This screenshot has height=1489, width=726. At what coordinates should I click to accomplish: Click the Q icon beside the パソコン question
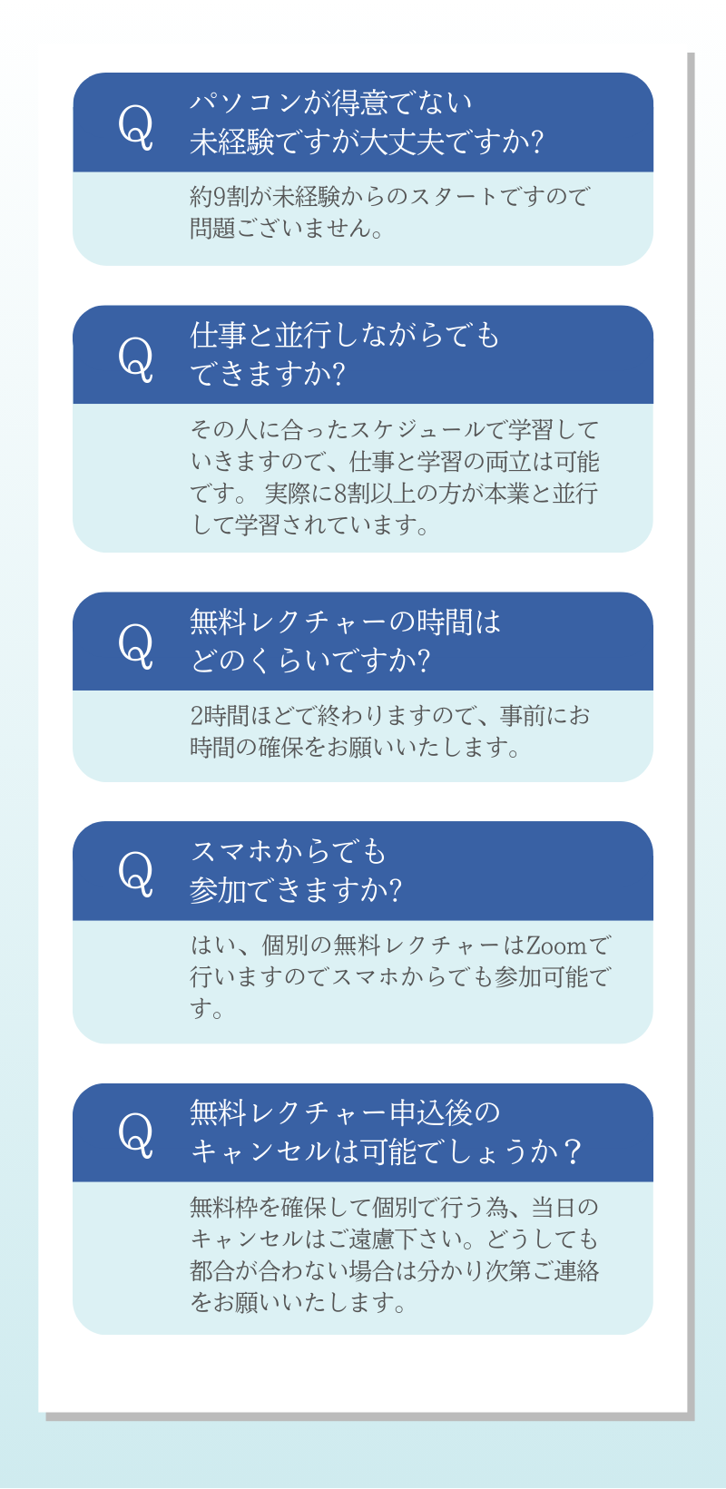coord(136,125)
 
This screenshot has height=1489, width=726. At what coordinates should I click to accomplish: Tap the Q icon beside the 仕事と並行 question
coord(136,358)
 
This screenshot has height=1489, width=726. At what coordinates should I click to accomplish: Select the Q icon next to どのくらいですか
coord(136,644)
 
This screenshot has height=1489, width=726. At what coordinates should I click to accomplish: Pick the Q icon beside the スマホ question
coord(136,873)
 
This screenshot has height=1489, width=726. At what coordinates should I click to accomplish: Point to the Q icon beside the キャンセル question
coord(136,1134)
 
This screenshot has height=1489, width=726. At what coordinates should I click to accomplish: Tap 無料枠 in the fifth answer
coord(223,1208)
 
